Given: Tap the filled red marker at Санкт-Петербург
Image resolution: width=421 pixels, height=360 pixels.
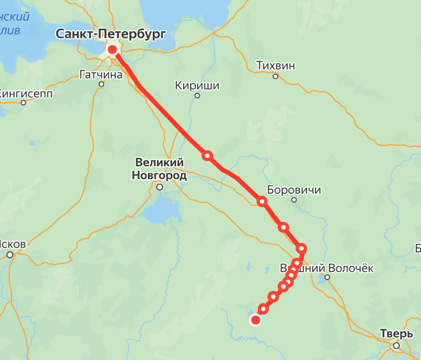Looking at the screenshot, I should point(113,50).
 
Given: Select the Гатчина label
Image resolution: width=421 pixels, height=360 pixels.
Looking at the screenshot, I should point(100,74).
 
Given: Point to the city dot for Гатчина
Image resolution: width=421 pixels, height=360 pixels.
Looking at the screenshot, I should point(101,84).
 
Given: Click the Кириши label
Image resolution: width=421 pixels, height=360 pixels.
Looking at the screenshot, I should point(197,85).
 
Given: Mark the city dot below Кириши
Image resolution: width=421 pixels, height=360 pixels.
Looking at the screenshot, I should point(197,96).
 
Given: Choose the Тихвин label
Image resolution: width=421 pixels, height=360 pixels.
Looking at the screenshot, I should point(276,65).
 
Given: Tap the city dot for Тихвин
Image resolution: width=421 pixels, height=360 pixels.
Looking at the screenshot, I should point(276,76).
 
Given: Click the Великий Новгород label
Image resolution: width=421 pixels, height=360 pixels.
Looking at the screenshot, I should point(159,169).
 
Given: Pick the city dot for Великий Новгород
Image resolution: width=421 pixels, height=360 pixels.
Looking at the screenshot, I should point(160,187).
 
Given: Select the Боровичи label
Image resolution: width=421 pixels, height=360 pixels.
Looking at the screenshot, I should point(294,190).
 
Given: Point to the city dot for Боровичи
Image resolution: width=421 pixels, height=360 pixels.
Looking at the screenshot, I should point(294,200).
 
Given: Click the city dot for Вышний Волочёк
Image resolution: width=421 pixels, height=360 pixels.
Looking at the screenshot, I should point(327,278).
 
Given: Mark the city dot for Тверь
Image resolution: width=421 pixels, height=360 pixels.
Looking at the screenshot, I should point(397,345).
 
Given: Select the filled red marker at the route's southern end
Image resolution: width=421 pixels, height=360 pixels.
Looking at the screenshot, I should point(255,320).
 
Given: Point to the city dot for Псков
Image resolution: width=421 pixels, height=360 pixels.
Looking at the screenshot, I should point(10,254).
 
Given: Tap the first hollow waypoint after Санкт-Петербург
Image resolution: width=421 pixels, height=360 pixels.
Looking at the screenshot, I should point(207,155).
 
